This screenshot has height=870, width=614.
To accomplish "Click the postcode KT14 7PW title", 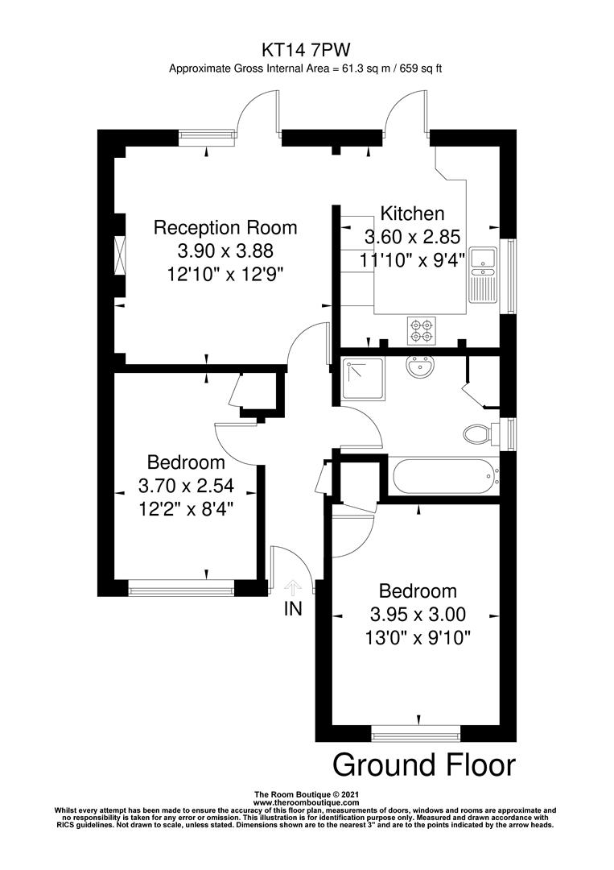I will click(305, 50).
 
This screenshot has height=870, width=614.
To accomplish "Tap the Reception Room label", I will click(225, 227).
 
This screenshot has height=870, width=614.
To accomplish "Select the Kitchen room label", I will click(412, 213).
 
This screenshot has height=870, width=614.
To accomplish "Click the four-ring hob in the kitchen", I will click(420, 328).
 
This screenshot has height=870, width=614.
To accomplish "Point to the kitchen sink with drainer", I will click(483, 274).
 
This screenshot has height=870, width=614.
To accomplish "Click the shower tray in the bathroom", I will click(364, 378).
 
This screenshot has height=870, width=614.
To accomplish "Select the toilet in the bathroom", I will click(480, 434).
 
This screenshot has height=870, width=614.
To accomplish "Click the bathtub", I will click(443, 478).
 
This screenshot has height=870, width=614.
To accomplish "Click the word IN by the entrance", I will click(293, 609).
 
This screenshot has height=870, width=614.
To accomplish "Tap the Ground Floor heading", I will click(423, 764).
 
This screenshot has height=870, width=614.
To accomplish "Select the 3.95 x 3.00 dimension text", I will click(418, 615).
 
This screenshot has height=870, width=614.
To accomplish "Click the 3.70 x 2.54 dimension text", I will click(186, 487).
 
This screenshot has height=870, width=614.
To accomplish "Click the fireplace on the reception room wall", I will click(120, 255).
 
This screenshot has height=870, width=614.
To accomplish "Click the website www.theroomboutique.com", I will click(305, 803).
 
